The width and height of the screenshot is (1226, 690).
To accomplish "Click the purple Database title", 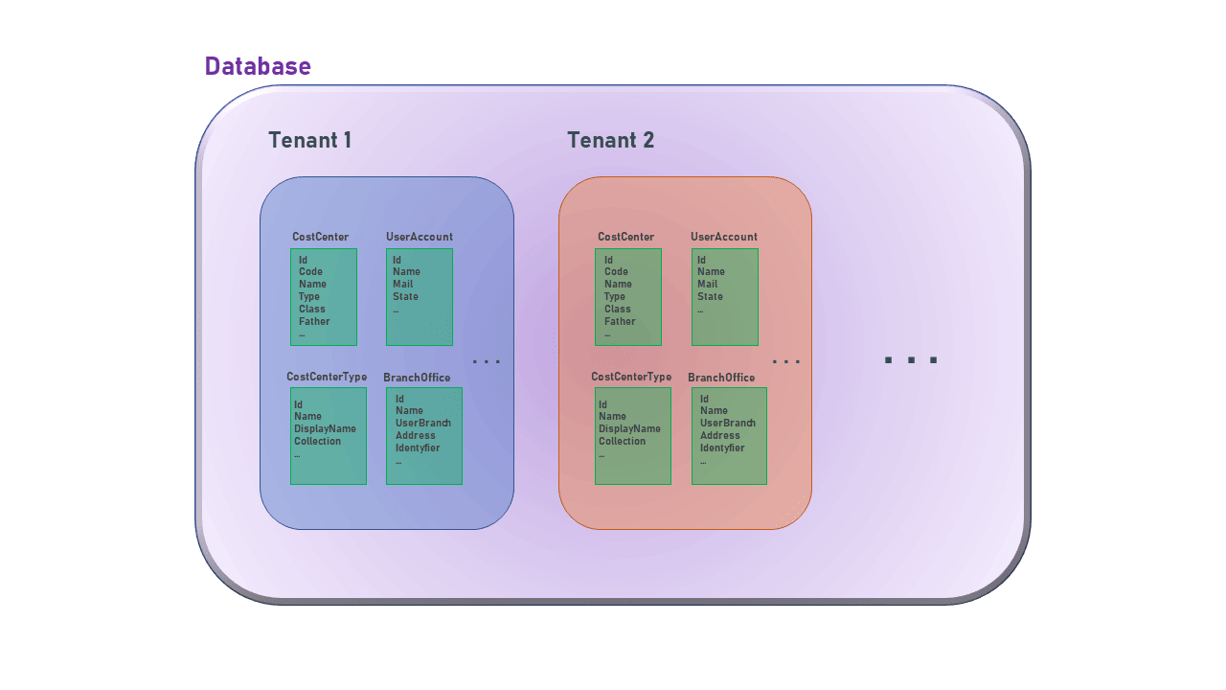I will pos(258,66).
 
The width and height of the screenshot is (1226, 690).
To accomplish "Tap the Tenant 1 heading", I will pos(309,140).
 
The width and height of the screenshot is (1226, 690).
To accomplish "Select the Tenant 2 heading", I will pos(610,140).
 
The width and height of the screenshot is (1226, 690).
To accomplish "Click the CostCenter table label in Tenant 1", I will pos(320,237).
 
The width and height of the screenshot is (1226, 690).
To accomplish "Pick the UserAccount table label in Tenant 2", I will pos(723,237).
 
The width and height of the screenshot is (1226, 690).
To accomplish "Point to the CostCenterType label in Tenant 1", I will pos(327,377).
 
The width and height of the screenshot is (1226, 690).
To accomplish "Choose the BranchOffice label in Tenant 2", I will pos(720,378).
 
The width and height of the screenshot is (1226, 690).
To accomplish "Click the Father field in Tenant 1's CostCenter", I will pos(314,321).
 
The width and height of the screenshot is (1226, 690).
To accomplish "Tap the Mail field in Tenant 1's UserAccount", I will pos(402,284).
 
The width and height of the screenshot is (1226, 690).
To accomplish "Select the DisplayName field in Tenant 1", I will pos(325,428).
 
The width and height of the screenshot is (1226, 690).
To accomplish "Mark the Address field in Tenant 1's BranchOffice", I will pos(415,435).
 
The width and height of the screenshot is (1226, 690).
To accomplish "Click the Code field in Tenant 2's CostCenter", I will pos(616,271).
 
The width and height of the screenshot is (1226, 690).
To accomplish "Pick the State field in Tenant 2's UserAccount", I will pos(710,296).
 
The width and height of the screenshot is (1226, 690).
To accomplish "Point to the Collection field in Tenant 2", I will pos(622,441).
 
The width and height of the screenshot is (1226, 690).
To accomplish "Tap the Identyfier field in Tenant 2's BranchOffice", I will pos(721,448).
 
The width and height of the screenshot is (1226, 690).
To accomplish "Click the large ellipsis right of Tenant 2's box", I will pos(910,360).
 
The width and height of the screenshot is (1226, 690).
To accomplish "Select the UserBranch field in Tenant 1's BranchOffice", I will pos(422,423).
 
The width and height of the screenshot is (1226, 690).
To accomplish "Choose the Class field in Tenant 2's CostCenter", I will pos(617,309).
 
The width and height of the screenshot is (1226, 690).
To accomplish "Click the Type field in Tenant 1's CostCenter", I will pos(308,296).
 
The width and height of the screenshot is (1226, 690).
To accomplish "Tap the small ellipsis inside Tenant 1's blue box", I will pos(487,361).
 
